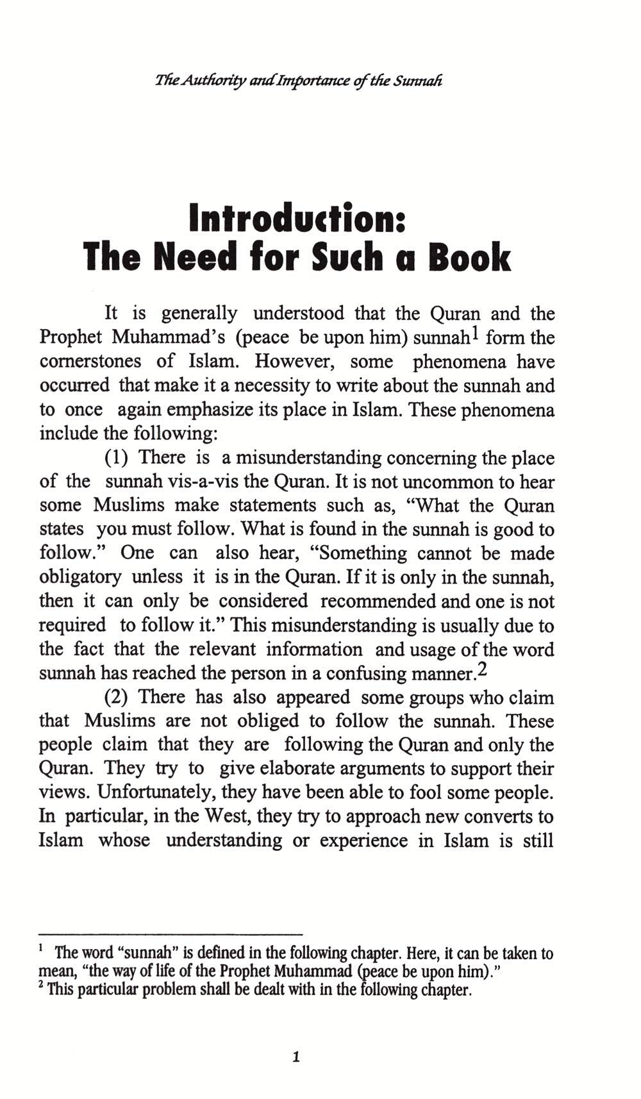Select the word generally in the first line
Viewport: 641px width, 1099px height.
pos(199,314)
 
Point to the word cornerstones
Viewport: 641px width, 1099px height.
pos(90,362)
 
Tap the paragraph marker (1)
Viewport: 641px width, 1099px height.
pos(117,458)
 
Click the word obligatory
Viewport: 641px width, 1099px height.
pos(80,577)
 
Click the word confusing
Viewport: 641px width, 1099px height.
pos(365,674)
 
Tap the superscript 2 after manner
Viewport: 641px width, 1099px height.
pos(483,669)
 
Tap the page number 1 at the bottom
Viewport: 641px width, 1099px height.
pos(296,1057)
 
